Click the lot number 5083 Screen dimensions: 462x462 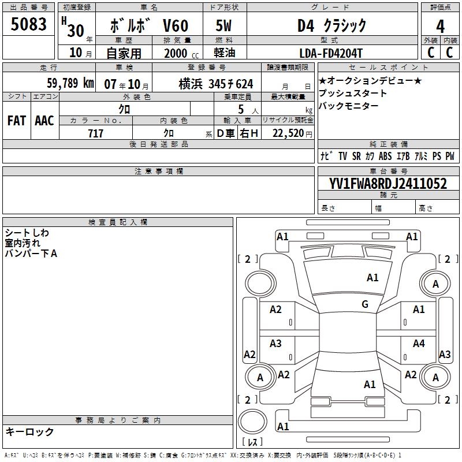pos(29,25)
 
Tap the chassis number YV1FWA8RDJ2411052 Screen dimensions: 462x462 pos(388,184)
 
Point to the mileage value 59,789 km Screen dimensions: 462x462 pos(70,83)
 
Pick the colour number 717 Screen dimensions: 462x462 pos(96,133)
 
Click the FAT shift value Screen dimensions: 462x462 pos(16,121)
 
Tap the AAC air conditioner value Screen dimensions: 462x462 pos(44,121)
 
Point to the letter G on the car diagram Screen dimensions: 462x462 pos(365,304)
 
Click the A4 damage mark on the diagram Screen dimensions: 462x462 pos(419,344)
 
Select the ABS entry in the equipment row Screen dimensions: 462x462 pos(385,156)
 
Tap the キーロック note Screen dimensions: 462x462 pos(29,431)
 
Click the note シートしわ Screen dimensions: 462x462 pos(27,233)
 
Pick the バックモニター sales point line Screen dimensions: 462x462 pos(349,106)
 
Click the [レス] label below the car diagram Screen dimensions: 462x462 pos(253,443)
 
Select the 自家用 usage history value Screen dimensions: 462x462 pos(124,53)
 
